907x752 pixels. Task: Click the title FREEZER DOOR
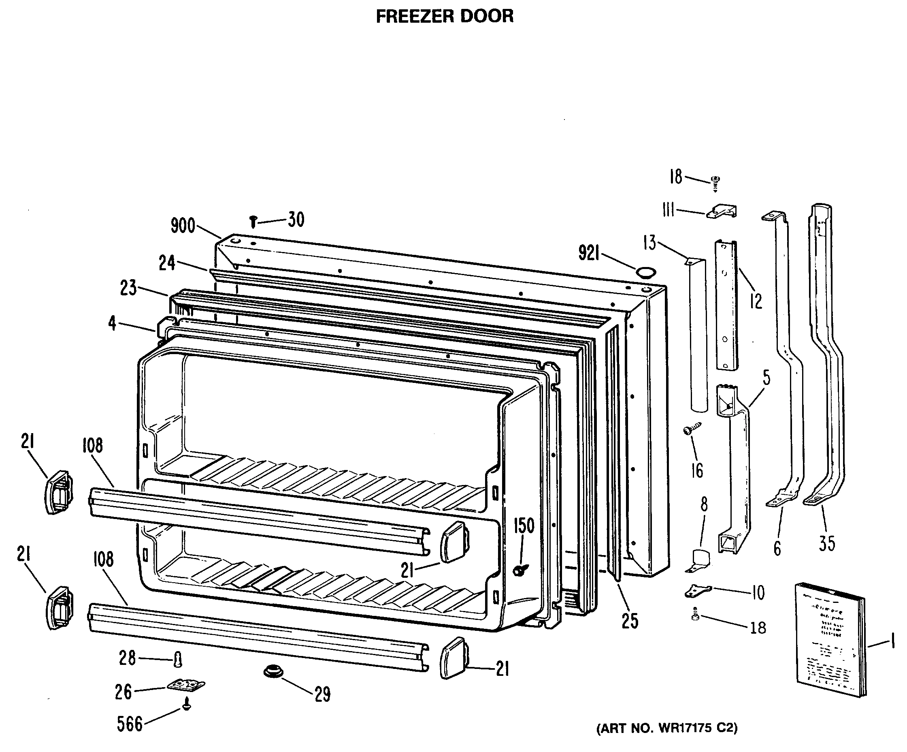point(445,17)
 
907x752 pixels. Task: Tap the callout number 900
point(183,226)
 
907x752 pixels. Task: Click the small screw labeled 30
point(253,222)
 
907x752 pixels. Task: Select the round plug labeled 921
point(646,273)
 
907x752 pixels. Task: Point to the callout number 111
point(668,210)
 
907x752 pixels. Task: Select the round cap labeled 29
point(273,672)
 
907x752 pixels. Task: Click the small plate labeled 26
point(186,685)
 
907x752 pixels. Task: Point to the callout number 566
point(130,724)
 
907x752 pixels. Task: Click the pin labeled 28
point(177,660)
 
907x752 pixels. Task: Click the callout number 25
point(630,621)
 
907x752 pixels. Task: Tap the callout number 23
point(128,288)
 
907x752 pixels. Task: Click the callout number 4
point(112,323)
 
